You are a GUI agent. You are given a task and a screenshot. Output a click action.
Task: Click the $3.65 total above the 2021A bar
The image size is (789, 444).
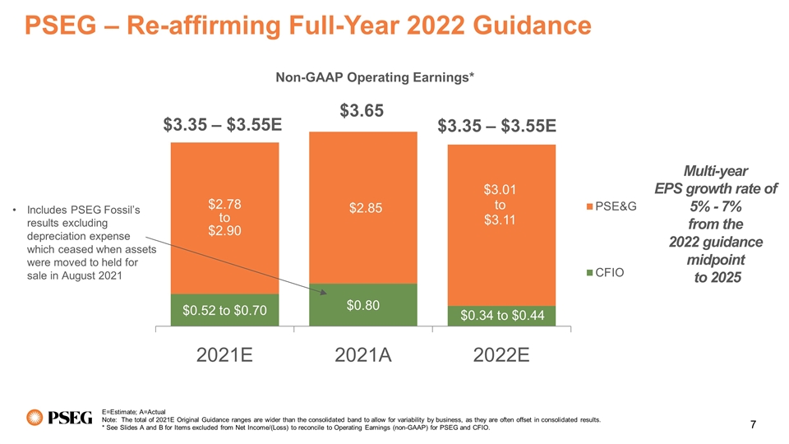362,111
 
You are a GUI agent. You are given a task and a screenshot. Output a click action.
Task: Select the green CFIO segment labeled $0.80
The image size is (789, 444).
362,306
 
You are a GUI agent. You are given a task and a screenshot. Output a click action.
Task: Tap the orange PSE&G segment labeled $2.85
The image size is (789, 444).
362,207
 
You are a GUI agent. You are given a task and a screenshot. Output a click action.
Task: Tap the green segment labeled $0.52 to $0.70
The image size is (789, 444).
224,310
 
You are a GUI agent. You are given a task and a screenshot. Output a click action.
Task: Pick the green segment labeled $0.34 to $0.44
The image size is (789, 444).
502,316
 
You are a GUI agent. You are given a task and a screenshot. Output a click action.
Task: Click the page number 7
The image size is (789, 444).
754,424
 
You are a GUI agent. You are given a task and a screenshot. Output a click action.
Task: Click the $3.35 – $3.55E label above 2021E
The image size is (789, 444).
223,125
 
